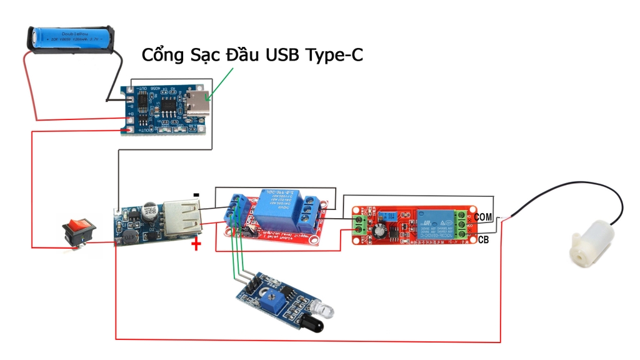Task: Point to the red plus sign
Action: click(196, 244)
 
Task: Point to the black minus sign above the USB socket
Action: click(196, 195)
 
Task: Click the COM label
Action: click(483, 216)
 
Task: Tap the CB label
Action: click(483, 240)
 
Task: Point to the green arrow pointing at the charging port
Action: click(222, 84)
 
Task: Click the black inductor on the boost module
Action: click(129, 236)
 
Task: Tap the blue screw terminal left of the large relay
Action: click(236, 209)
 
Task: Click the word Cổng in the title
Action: click(164, 56)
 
